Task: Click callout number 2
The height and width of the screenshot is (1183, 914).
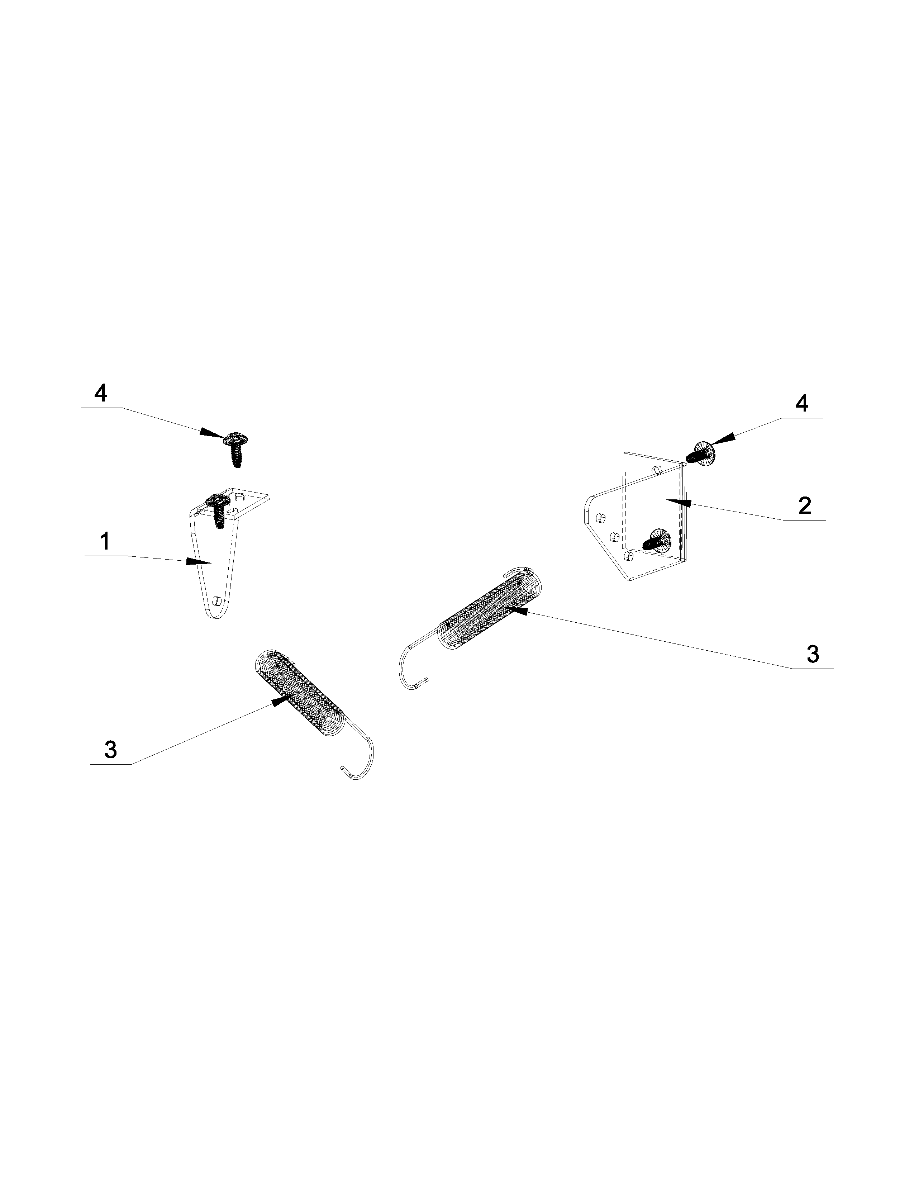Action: pos(805,505)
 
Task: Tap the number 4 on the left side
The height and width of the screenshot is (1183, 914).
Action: pos(101,393)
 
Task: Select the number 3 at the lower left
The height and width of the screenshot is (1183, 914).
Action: pos(110,750)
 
